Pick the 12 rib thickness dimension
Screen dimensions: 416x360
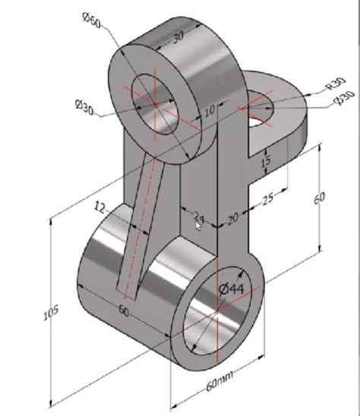click(100, 206)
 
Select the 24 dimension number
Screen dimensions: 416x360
click(199, 216)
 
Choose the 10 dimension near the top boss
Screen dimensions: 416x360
click(210, 111)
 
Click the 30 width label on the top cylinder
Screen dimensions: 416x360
click(179, 36)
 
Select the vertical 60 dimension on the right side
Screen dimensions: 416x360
click(319, 199)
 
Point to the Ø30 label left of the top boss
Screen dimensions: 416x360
click(84, 109)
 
